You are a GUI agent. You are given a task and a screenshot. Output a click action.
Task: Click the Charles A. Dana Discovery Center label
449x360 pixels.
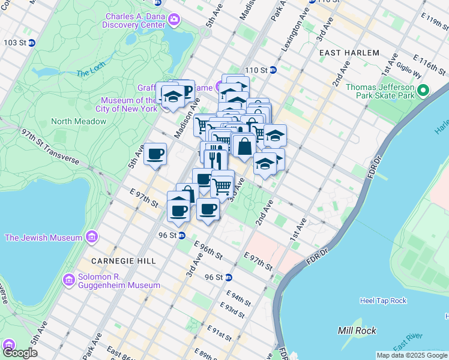pyautogui.click(x=135, y=20)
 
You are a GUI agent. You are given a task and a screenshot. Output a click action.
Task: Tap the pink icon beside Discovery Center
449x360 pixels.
pyautogui.click(x=174, y=20)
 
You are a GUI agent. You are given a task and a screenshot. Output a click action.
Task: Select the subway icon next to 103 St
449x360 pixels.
pyautogui.click(x=31, y=43)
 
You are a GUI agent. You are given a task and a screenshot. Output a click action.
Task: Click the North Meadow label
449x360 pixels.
pyautogui.click(x=79, y=121)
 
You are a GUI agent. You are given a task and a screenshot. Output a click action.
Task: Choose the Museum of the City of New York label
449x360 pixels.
pyautogui.click(x=128, y=104)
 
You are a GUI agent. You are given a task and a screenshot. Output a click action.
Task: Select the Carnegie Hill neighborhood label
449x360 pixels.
pyautogui.click(x=124, y=261)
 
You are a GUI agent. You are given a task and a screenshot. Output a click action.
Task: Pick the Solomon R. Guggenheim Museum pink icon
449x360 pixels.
pyautogui.click(x=68, y=280)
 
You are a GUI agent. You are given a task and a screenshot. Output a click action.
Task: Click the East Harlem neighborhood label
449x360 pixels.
pyautogui.click(x=349, y=53)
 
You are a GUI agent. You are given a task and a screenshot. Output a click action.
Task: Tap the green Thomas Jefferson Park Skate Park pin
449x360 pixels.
pyautogui.click(x=424, y=91)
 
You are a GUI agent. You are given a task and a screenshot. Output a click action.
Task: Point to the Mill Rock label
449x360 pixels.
pyautogui.click(x=357, y=331)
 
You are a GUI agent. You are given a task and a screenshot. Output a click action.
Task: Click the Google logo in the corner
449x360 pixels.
pyautogui.click(x=20, y=353)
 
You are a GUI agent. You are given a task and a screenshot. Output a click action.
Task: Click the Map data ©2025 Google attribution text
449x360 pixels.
pyautogui.click(x=412, y=355)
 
